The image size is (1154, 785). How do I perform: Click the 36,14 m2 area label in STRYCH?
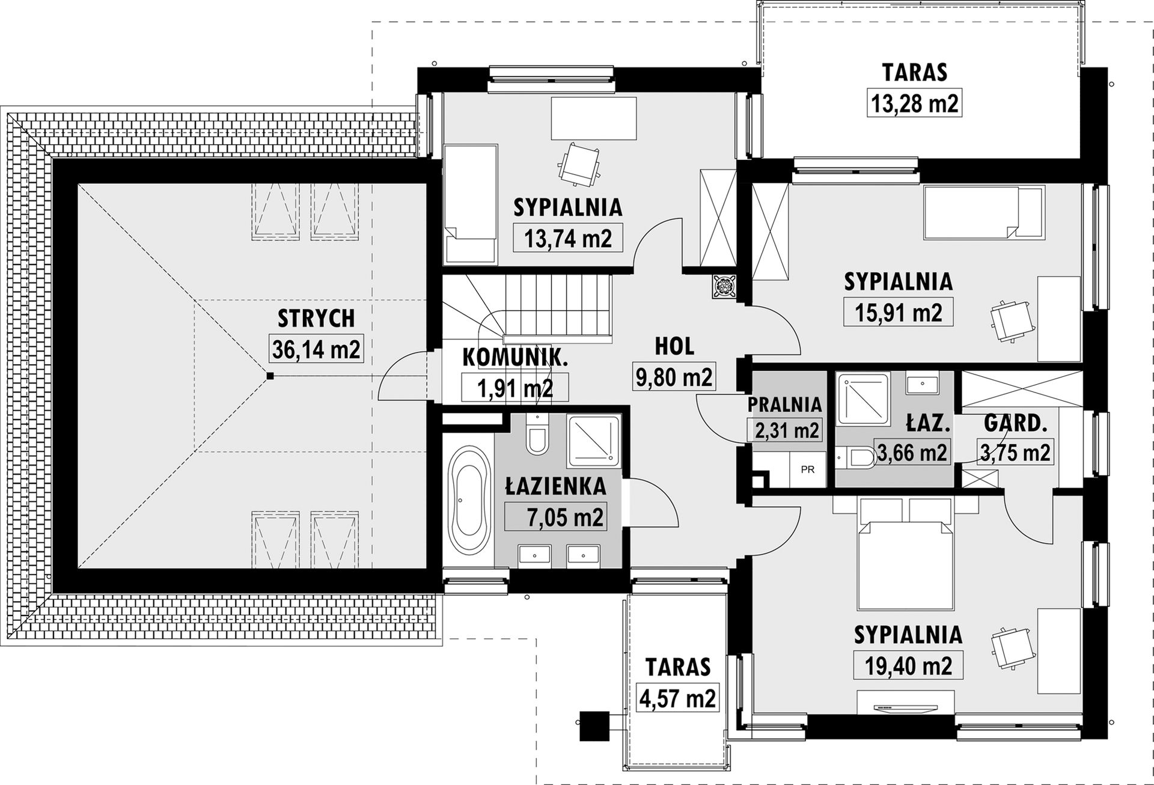click(x=316, y=349)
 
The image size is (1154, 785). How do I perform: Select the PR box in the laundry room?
click(x=807, y=469)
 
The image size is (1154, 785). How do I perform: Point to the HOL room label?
click(x=674, y=346)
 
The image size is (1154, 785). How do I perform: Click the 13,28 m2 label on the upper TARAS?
click(x=915, y=103)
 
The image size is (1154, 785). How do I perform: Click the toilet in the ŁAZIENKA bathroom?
click(x=537, y=436)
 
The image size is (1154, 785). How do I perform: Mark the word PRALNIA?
click(x=784, y=405)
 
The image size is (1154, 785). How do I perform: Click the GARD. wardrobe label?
click(x=1015, y=424)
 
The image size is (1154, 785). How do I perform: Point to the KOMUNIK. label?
click(x=515, y=358)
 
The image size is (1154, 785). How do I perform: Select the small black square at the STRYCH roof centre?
click(x=270, y=376)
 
